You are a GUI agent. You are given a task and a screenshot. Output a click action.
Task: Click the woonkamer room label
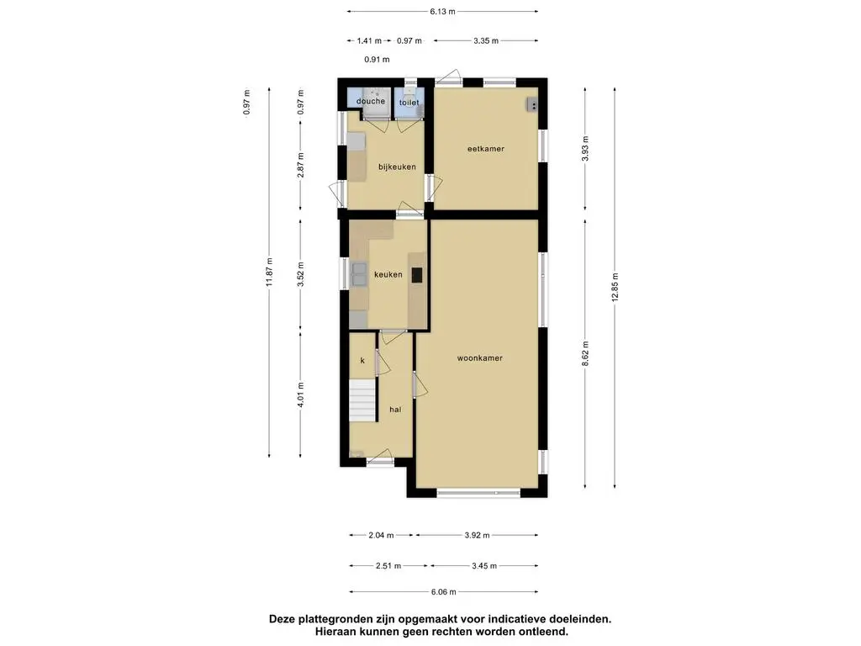click(x=480, y=358)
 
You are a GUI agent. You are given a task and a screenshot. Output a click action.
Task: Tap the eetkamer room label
click(x=485, y=148)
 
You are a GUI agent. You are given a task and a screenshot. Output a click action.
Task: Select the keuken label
click(x=388, y=274)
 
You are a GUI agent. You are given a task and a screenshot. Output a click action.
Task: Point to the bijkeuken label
click(x=397, y=167)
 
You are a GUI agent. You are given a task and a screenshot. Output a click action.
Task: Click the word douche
click(x=371, y=101)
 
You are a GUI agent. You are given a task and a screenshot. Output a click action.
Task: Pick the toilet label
click(x=409, y=102)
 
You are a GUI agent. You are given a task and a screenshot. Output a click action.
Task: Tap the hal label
click(x=395, y=410)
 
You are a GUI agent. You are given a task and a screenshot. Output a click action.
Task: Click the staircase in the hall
click(x=362, y=400)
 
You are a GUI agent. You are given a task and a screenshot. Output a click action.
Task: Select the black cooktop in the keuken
click(x=417, y=275)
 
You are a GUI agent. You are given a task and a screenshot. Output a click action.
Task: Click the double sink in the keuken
click(x=360, y=274)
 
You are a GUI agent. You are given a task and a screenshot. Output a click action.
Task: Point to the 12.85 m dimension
click(x=615, y=288)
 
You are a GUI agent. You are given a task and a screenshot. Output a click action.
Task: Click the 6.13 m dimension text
click(x=442, y=11)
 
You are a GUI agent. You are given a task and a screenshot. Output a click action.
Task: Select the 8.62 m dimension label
click(x=585, y=353)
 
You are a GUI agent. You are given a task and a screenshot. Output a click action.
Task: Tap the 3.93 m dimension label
click(x=585, y=148)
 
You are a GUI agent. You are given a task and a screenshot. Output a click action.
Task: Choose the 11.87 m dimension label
click(x=269, y=272)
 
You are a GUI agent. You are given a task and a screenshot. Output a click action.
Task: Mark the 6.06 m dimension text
click(x=444, y=591)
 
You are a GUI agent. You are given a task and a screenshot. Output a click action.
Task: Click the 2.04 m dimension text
click(x=381, y=534)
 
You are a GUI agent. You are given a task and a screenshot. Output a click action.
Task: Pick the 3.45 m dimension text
click(x=484, y=565)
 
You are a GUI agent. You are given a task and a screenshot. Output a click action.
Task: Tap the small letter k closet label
click(x=362, y=360)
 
